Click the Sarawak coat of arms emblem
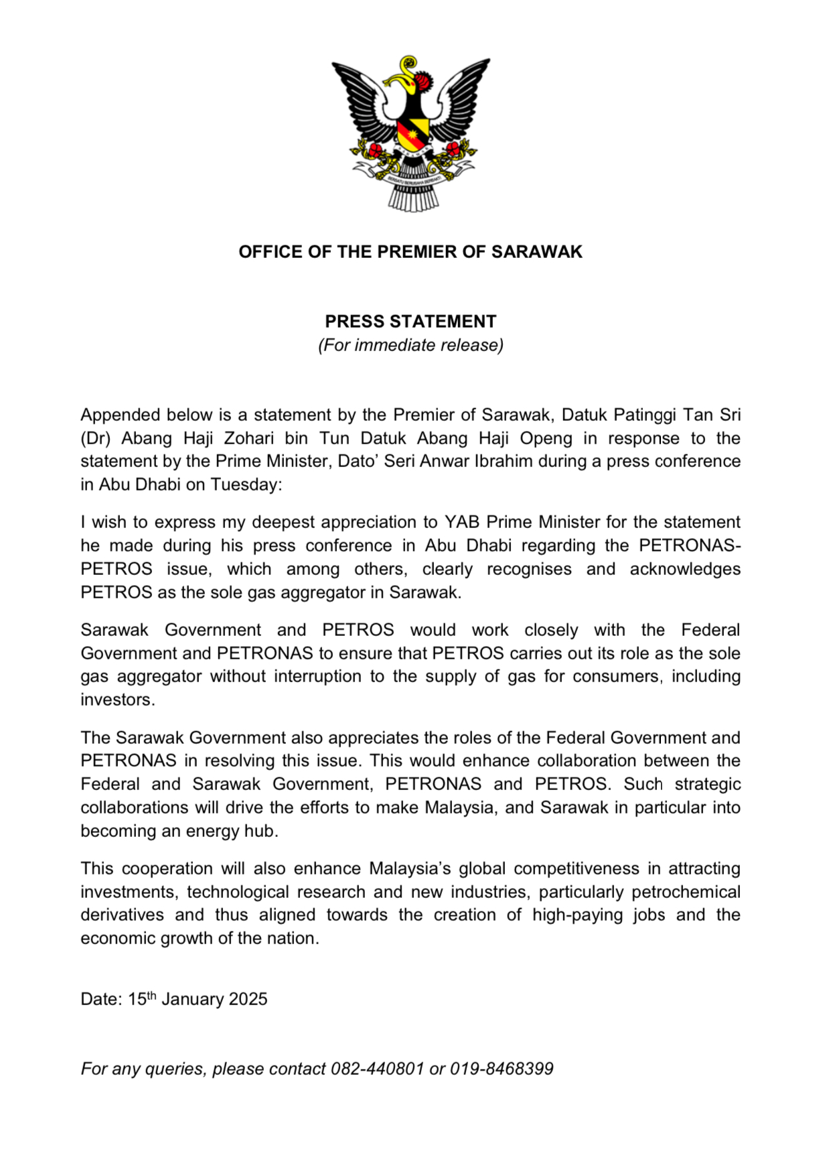click(x=410, y=133)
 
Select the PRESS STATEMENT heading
click(x=410, y=322)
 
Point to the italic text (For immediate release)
click(x=410, y=345)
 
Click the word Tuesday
click(x=246, y=484)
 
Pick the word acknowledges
click(x=684, y=569)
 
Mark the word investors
click(x=117, y=700)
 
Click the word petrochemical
click(x=686, y=892)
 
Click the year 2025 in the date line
click(x=248, y=999)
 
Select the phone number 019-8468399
click(x=502, y=1069)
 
